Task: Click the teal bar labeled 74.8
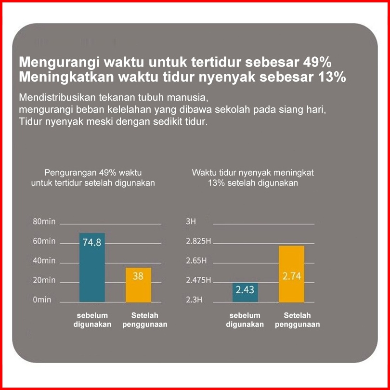pos(92,267)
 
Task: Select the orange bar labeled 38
pos(138,285)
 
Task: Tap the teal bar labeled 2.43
pos(245,292)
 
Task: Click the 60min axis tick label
pos(44,241)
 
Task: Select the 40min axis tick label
pos(44,260)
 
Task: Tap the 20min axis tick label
pos(44,280)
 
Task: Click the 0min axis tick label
pos(42,299)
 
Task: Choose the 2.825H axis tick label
pos(198,241)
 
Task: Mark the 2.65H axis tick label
pos(196,260)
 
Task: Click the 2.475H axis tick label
pos(198,280)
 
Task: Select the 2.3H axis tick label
pos(194,299)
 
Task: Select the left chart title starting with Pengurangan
pos(93,177)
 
